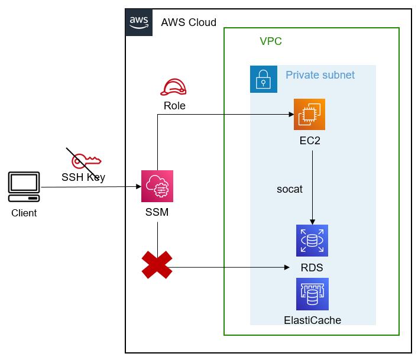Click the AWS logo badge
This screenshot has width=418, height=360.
tap(139, 22)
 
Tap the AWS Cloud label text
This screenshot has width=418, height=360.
tap(189, 22)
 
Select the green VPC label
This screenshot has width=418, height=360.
tap(271, 41)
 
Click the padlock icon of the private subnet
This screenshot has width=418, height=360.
tap(264, 79)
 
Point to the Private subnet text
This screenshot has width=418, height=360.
tap(320, 75)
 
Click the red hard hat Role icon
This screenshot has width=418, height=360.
tap(174, 87)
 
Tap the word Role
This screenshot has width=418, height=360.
tap(174, 106)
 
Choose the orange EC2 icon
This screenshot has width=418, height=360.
tap(310, 114)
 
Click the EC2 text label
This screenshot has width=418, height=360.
tap(310, 141)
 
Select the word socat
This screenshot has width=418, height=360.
tap(290, 189)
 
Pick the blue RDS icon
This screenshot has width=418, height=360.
tap(312, 241)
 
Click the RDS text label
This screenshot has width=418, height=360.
tap(312, 268)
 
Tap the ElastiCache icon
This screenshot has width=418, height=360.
tap(313, 294)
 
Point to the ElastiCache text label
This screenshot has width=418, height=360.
tap(313, 320)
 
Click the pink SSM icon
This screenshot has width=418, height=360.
tap(157, 186)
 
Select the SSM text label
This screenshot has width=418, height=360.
tap(157, 212)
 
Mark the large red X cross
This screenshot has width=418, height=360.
tap(157, 265)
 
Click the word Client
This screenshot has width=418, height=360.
tap(24, 213)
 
